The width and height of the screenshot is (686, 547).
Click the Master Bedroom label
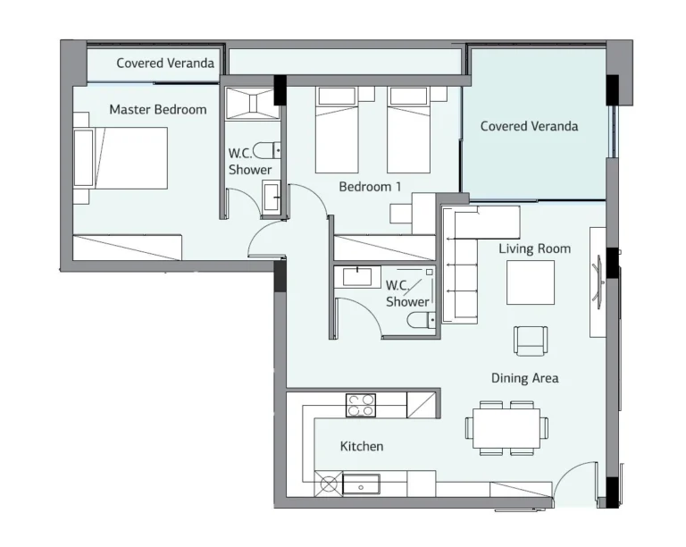point(158,109)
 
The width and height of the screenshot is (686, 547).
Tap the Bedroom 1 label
point(370,187)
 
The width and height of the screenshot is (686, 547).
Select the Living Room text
point(535,249)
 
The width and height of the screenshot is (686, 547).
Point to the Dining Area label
point(524,378)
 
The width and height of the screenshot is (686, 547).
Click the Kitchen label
point(362,446)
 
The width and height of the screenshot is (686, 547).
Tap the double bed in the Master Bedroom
point(121,158)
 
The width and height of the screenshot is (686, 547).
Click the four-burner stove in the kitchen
point(361,405)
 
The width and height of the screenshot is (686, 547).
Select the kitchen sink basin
point(361,484)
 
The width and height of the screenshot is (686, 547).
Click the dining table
point(506,427)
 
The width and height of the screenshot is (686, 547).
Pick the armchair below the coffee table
point(531,341)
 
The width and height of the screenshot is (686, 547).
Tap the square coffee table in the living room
point(531,282)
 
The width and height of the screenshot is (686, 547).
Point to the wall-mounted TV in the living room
point(598,282)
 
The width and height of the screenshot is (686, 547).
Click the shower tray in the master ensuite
point(253,104)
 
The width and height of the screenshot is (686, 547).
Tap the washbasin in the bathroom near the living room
point(357,277)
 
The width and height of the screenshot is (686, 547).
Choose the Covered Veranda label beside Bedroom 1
point(529,126)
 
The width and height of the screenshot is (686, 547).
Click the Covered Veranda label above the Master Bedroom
point(165,63)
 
